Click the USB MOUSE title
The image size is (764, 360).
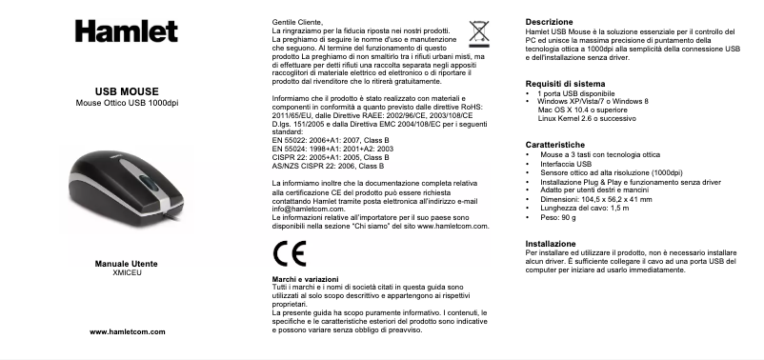pyautogui.click(x=127, y=91)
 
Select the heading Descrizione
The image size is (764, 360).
pyautogui.click(x=550, y=22)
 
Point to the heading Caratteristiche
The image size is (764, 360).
pyautogui.click(x=557, y=143)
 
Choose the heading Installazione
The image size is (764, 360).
pyautogui.click(x=551, y=244)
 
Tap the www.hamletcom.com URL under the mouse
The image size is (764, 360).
pyautogui.click(x=127, y=331)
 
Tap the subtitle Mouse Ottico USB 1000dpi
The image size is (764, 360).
pyautogui.click(x=127, y=103)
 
